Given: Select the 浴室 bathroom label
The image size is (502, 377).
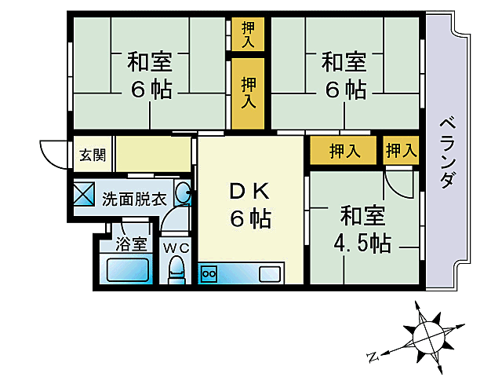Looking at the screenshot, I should pos(131,243).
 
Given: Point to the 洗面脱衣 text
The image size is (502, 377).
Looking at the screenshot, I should pos(134,198).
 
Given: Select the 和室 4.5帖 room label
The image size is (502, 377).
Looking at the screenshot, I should pos(362,229).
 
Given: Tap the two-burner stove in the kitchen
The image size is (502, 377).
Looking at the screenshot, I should pos(210,274).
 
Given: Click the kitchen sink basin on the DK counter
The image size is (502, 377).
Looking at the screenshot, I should pos(269,274).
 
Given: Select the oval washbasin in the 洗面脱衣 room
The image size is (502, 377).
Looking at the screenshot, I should pos(182,194).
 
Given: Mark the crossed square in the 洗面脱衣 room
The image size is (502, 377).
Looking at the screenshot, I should pos(84,194).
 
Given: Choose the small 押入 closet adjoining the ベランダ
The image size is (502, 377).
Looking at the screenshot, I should pos(401,151).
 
